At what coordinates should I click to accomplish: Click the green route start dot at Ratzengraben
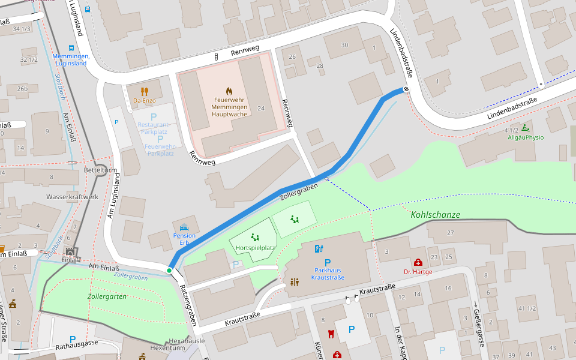tap(169, 271)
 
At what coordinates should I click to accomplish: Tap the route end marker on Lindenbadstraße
tap(406, 90)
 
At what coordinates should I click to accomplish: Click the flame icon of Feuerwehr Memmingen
tap(229, 90)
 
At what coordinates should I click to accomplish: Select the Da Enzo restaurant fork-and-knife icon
tap(144, 91)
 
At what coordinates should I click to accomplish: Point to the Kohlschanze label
tap(435, 214)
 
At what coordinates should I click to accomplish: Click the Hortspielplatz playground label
tap(256, 247)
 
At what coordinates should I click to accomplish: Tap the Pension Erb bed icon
tap(184, 227)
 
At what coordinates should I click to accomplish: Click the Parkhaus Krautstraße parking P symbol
tap(328, 262)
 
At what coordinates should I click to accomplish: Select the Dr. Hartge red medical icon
tap(418, 262)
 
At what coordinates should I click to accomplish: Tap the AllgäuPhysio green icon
tap(526, 128)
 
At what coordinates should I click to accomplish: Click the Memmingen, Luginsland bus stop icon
tap(71, 48)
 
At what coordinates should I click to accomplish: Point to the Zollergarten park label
tap(107, 296)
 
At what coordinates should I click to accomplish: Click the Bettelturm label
tap(100, 170)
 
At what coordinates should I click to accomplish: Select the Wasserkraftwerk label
tap(72, 197)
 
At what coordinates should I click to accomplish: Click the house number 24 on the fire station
tap(260, 108)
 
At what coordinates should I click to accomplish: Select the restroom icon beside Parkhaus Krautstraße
tap(294, 281)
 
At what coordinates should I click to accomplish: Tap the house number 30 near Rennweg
tap(344, 45)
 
